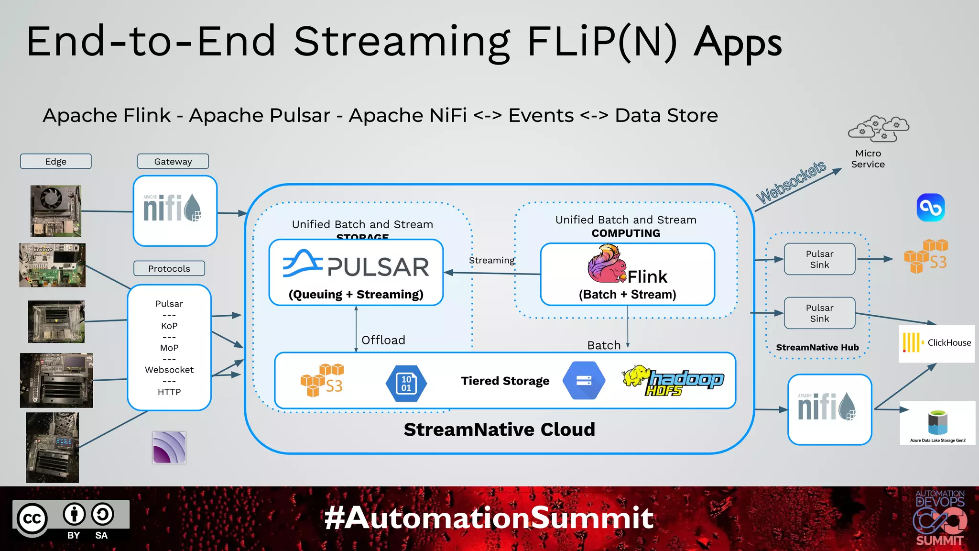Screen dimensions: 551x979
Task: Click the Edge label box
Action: pyautogui.click(x=55, y=161)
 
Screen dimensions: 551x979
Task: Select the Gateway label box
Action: pyautogui.click(x=173, y=161)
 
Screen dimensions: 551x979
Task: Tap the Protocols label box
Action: pyautogui.click(x=169, y=268)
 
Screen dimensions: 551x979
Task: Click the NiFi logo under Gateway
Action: pyautogui.click(x=173, y=209)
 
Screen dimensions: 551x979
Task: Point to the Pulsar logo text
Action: pyautogui.click(x=378, y=267)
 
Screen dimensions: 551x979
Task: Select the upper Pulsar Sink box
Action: pyautogui.click(x=819, y=259)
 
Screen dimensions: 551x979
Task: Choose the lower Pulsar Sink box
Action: pyautogui.click(x=819, y=313)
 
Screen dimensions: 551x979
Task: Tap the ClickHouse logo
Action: pyautogui.click(x=936, y=343)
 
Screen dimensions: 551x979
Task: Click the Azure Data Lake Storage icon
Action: pyautogui.click(x=937, y=422)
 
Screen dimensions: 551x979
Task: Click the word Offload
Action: pyautogui.click(x=383, y=340)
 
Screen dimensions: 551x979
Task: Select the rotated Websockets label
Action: pyautogui.click(x=791, y=182)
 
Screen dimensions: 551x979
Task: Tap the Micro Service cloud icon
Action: pyautogui.click(x=878, y=128)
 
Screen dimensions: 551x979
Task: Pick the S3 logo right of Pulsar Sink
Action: pyautogui.click(x=925, y=256)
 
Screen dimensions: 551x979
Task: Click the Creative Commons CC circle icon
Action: pyautogui.click(x=33, y=519)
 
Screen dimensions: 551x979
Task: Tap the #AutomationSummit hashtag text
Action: pyautogui.click(x=489, y=518)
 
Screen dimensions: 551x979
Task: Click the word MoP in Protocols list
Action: pyautogui.click(x=169, y=348)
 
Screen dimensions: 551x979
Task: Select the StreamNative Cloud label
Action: pyautogui.click(x=499, y=429)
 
